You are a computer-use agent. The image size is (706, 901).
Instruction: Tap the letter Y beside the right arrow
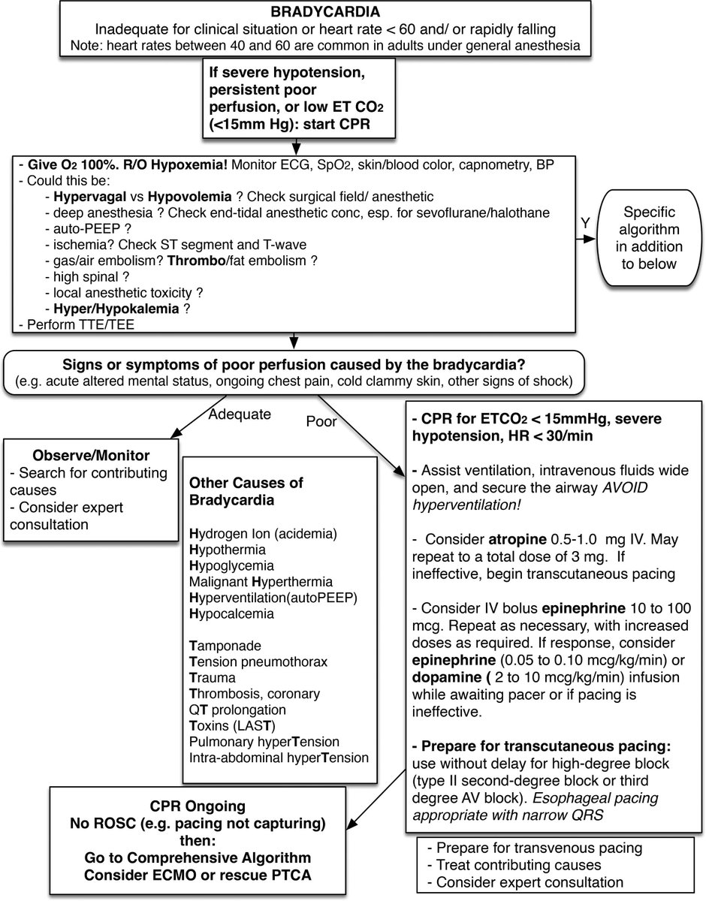[x=584, y=224]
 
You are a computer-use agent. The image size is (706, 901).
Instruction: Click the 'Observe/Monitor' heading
[x=86, y=457]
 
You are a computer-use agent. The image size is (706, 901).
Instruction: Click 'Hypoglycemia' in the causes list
[x=231, y=565]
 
